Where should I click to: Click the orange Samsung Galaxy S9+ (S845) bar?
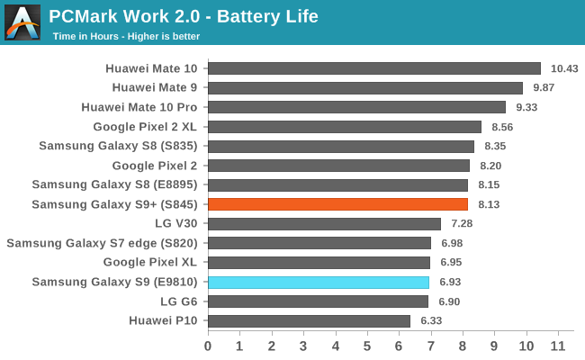pyautogui.click(x=337, y=204)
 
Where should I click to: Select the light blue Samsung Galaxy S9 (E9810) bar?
pyautogui.click(x=319, y=282)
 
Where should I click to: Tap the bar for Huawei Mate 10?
pyautogui.click(x=374, y=68)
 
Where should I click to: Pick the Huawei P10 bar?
pyautogui.click(x=309, y=320)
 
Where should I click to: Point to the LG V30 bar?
pyautogui.click(x=324, y=223)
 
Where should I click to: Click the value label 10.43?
pyautogui.click(x=564, y=68)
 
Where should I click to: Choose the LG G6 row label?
pyautogui.click(x=180, y=301)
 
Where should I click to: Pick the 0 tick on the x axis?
pyautogui.click(x=208, y=346)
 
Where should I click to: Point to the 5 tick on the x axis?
pyautogui.click(x=367, y=346)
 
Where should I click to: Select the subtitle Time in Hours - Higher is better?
pyautogui.click(x=126, y=36)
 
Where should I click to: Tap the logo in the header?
pyautogui.click(x=22, y=22)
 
